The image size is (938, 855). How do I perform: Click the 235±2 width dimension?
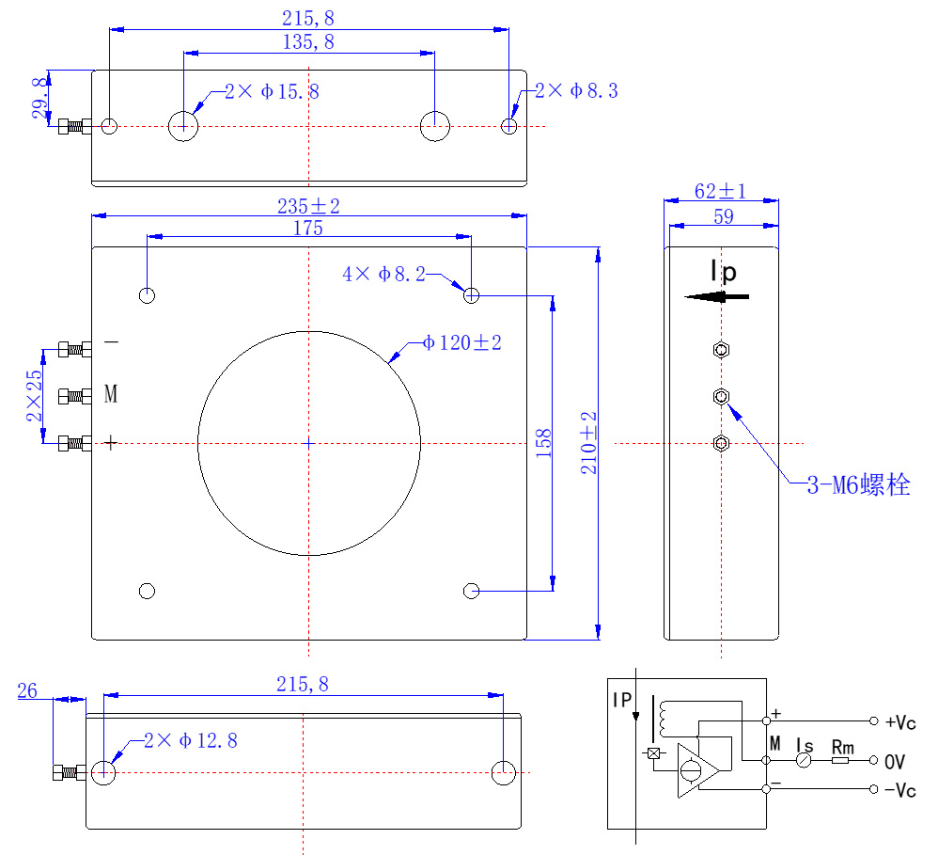307,205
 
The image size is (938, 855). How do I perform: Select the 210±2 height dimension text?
589,442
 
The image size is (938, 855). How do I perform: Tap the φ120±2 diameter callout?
462,343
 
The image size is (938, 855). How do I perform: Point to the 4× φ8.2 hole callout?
384,275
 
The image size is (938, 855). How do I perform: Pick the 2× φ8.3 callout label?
576,91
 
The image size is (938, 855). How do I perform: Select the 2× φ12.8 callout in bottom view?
191,741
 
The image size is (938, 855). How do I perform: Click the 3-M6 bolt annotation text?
858,485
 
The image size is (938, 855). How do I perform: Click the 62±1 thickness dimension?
720,191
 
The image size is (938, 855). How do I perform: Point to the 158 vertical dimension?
543,443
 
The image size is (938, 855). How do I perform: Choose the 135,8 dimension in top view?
307,41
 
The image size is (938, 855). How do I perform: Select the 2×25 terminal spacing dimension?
34,395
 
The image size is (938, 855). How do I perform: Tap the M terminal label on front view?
111,395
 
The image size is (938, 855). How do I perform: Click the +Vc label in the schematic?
900,722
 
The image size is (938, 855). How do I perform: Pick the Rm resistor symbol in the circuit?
840,759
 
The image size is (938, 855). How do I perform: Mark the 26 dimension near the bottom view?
27,691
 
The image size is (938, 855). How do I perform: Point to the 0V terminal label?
895,760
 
